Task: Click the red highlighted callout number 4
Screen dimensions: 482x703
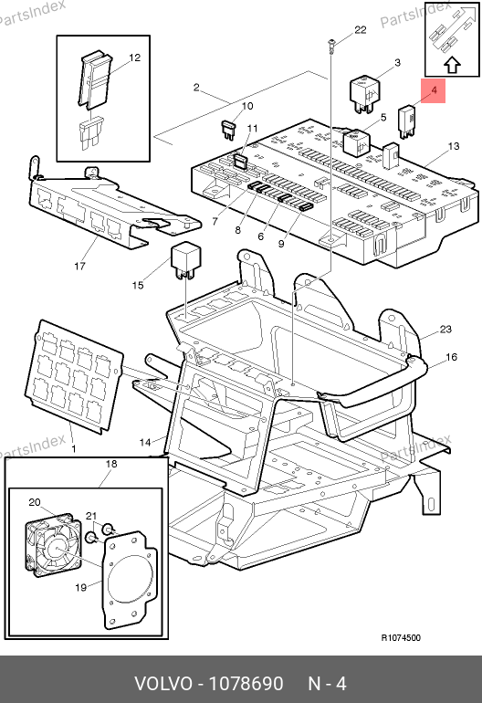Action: [x=434, y=90]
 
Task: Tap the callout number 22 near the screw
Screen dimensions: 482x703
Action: [x=360, y=30]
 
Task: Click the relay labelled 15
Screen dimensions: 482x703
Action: [x=185, y=260]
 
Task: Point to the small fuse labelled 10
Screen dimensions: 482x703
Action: [x=229, y=130]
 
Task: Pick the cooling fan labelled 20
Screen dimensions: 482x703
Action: [x=53, y=544]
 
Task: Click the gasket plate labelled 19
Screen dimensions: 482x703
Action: [x=129, y=580]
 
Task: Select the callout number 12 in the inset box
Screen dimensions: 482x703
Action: [x=134, y=58]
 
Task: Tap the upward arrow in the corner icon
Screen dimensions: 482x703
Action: [x=453, y=66]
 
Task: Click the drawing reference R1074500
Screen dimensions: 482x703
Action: [x=401, y=637]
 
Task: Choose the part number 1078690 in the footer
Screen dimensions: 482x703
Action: [x=246, y=684]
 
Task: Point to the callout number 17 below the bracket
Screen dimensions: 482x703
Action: [x=79, y=267]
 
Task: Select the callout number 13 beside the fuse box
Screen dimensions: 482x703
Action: [x=454, y=146]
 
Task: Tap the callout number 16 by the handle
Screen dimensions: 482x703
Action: [x=451, y=357]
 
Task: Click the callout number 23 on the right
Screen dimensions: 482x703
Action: [x=445, y=329]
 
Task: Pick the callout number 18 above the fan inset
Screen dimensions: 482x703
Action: [x=111, y=464]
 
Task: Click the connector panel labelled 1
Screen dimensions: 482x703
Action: [x=74, y=376]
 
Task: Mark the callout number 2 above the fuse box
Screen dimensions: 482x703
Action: [x=196, y=87]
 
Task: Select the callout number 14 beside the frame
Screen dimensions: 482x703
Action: [x=145, y=443]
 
